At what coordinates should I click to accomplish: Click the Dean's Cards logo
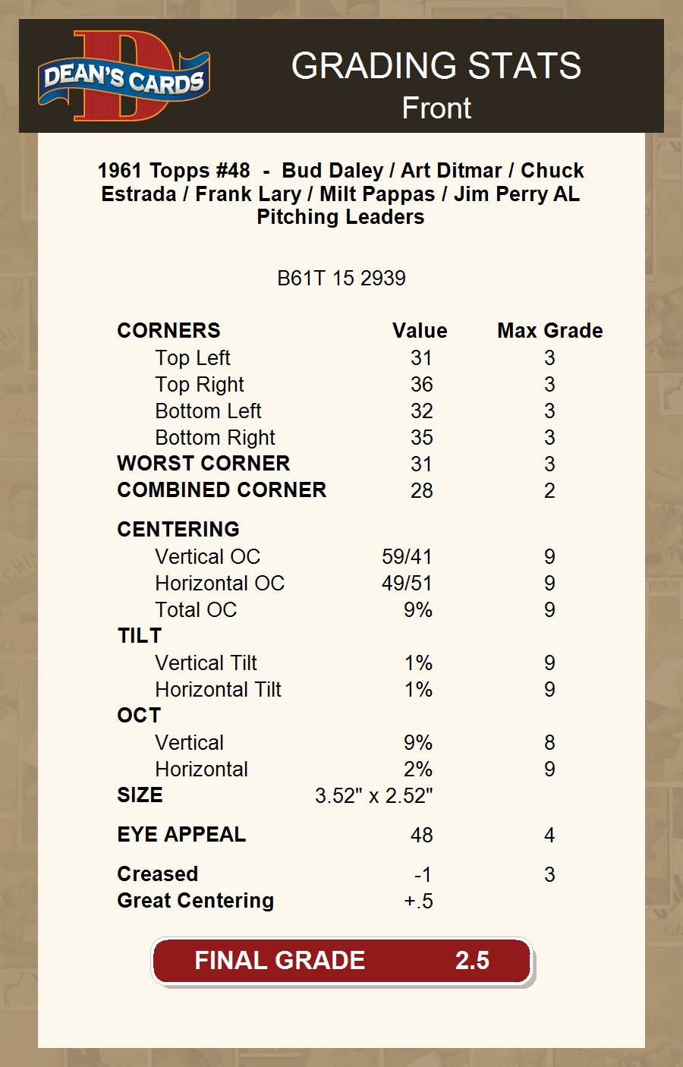pos(124,77)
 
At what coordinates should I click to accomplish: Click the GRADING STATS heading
pos(436,66)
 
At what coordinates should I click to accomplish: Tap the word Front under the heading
pos(436,108)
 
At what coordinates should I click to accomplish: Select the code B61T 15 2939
pos(341,279)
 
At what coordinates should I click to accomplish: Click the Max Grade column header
pos(549,331)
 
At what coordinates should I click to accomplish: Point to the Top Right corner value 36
pos(421,385)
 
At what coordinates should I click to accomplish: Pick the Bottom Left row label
pos(208,411)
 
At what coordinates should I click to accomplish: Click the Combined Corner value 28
pos(421,491)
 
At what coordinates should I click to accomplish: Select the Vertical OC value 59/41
pos(407,557)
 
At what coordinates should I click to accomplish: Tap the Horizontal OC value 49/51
pos(407,584)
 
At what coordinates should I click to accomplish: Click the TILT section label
pos(140,636)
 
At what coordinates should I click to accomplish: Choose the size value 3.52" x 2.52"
pos(373,796)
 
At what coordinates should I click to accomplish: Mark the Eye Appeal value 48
pos(421,836)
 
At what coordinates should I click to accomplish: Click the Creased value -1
pos(423,875)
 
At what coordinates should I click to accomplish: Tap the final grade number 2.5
pos(472,961)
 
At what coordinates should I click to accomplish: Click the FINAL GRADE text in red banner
pos(279,961)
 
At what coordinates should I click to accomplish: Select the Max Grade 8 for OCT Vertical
pos(549,743)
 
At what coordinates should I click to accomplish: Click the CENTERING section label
pos(178,530)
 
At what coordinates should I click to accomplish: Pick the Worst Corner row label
pos(203,464)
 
